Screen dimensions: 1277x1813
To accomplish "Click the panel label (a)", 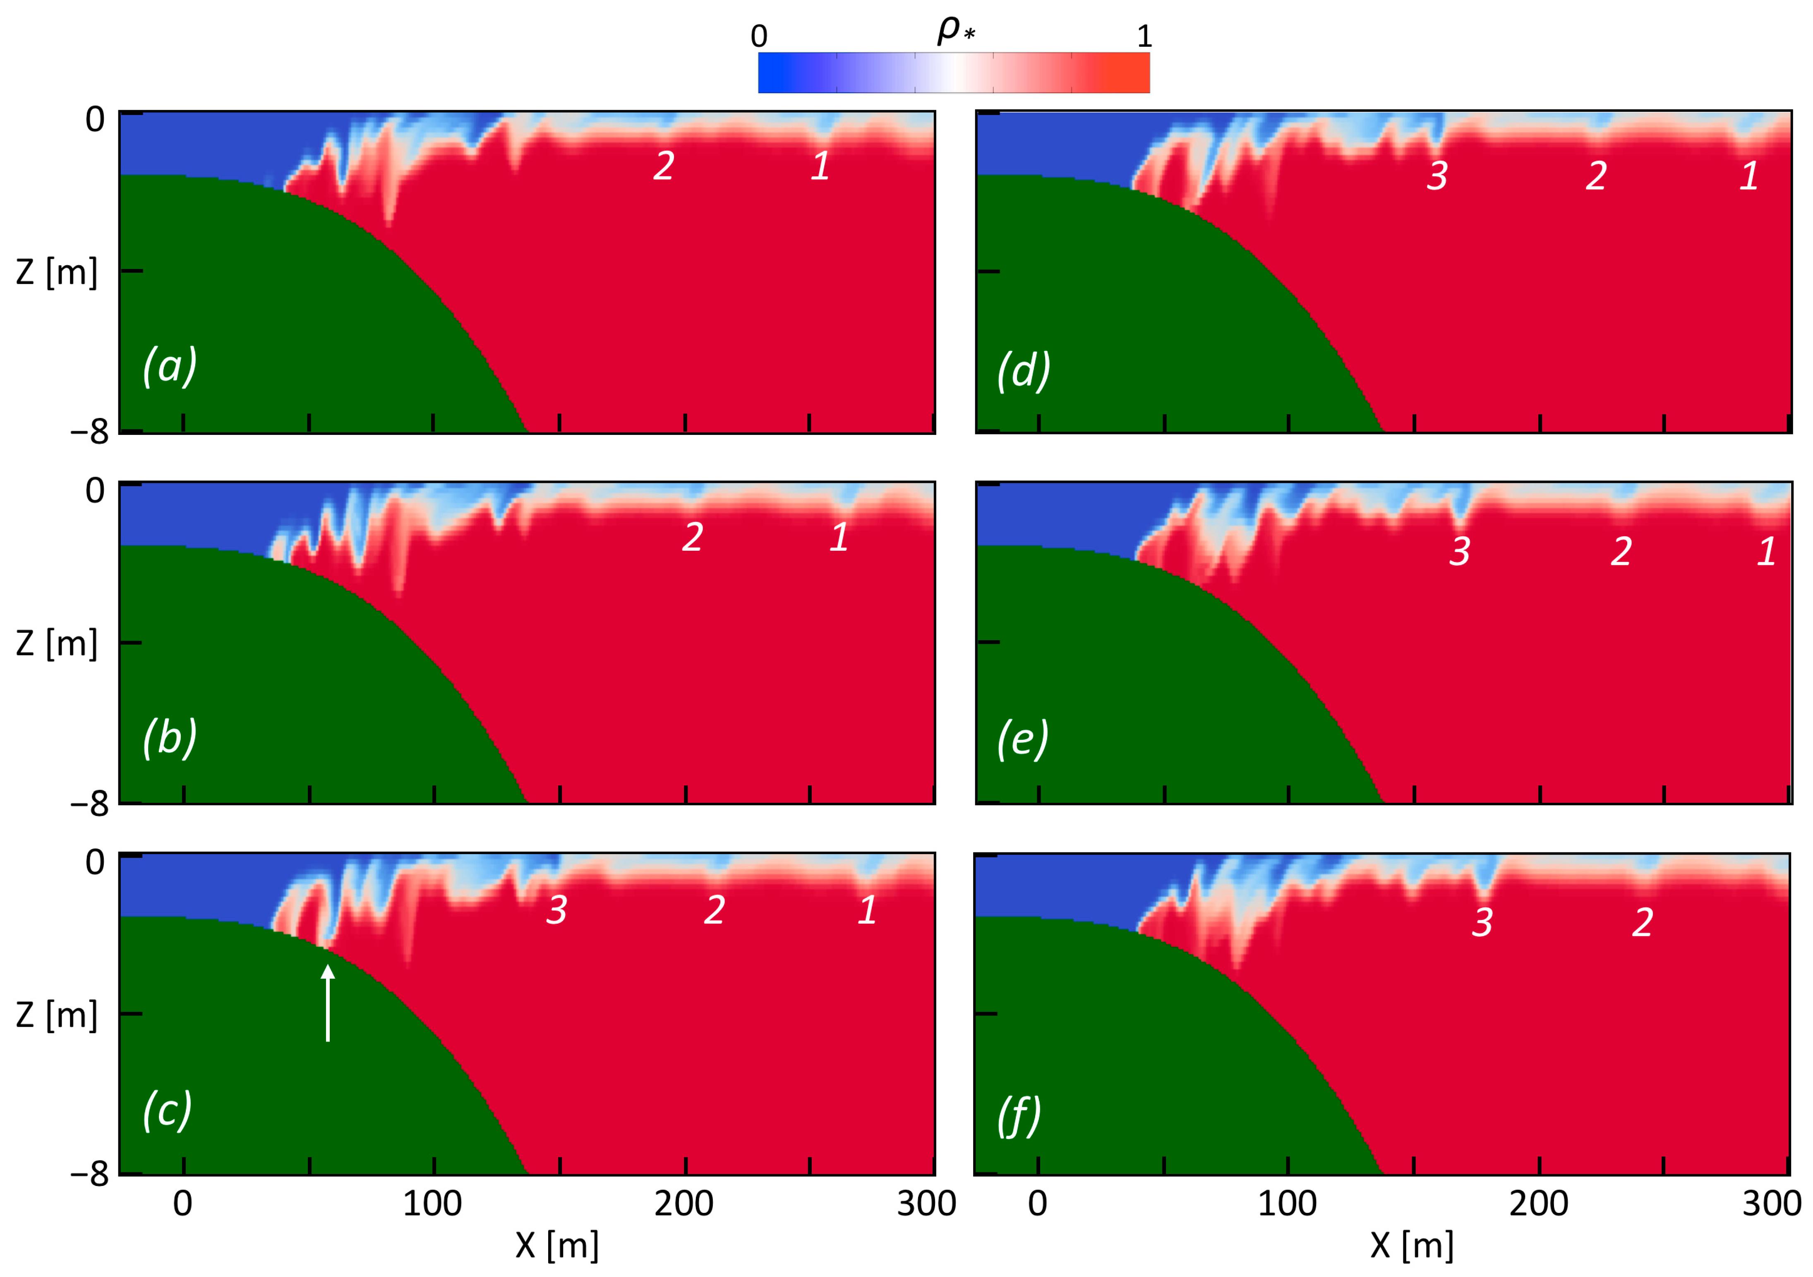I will pos(170,366).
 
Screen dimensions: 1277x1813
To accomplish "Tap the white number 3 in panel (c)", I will pos(557,910).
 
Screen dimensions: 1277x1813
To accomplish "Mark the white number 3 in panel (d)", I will pos(1437,175).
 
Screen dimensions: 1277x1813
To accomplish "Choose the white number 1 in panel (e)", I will pos(1766,551).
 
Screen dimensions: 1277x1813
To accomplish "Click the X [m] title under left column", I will pos(557,1246).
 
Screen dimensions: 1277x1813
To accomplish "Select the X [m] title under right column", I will pos(1412,1246).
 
